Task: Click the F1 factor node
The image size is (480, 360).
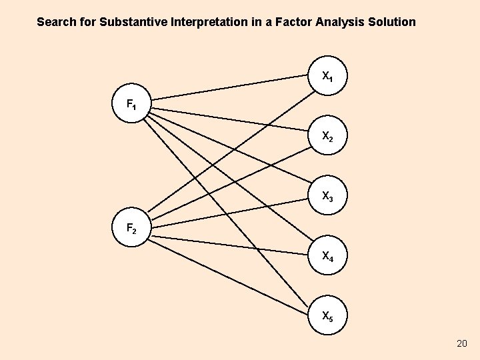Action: [x=132, y=103]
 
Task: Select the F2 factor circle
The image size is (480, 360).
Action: [x=132, y=228]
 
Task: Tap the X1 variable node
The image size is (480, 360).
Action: [x=327, y=75]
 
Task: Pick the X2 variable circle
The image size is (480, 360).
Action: [x=327, y=136]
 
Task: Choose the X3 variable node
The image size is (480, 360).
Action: [x=327, y=196]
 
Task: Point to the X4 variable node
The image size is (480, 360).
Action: [x=327, y=255]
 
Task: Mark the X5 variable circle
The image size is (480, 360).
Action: [x=327, y=315]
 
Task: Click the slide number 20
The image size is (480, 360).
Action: [x=461, y=343]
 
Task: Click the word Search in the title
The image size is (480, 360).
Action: [x=57, y=22]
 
